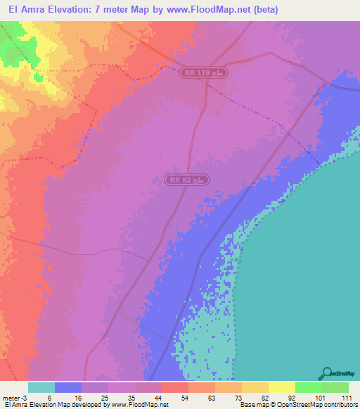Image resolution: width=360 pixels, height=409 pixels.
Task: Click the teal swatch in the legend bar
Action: click(x=41, y=387)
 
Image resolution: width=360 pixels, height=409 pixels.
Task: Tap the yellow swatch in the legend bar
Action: click(x=281, y=387)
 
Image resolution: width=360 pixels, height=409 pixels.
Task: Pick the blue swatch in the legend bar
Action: click(x=68, y=387)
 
